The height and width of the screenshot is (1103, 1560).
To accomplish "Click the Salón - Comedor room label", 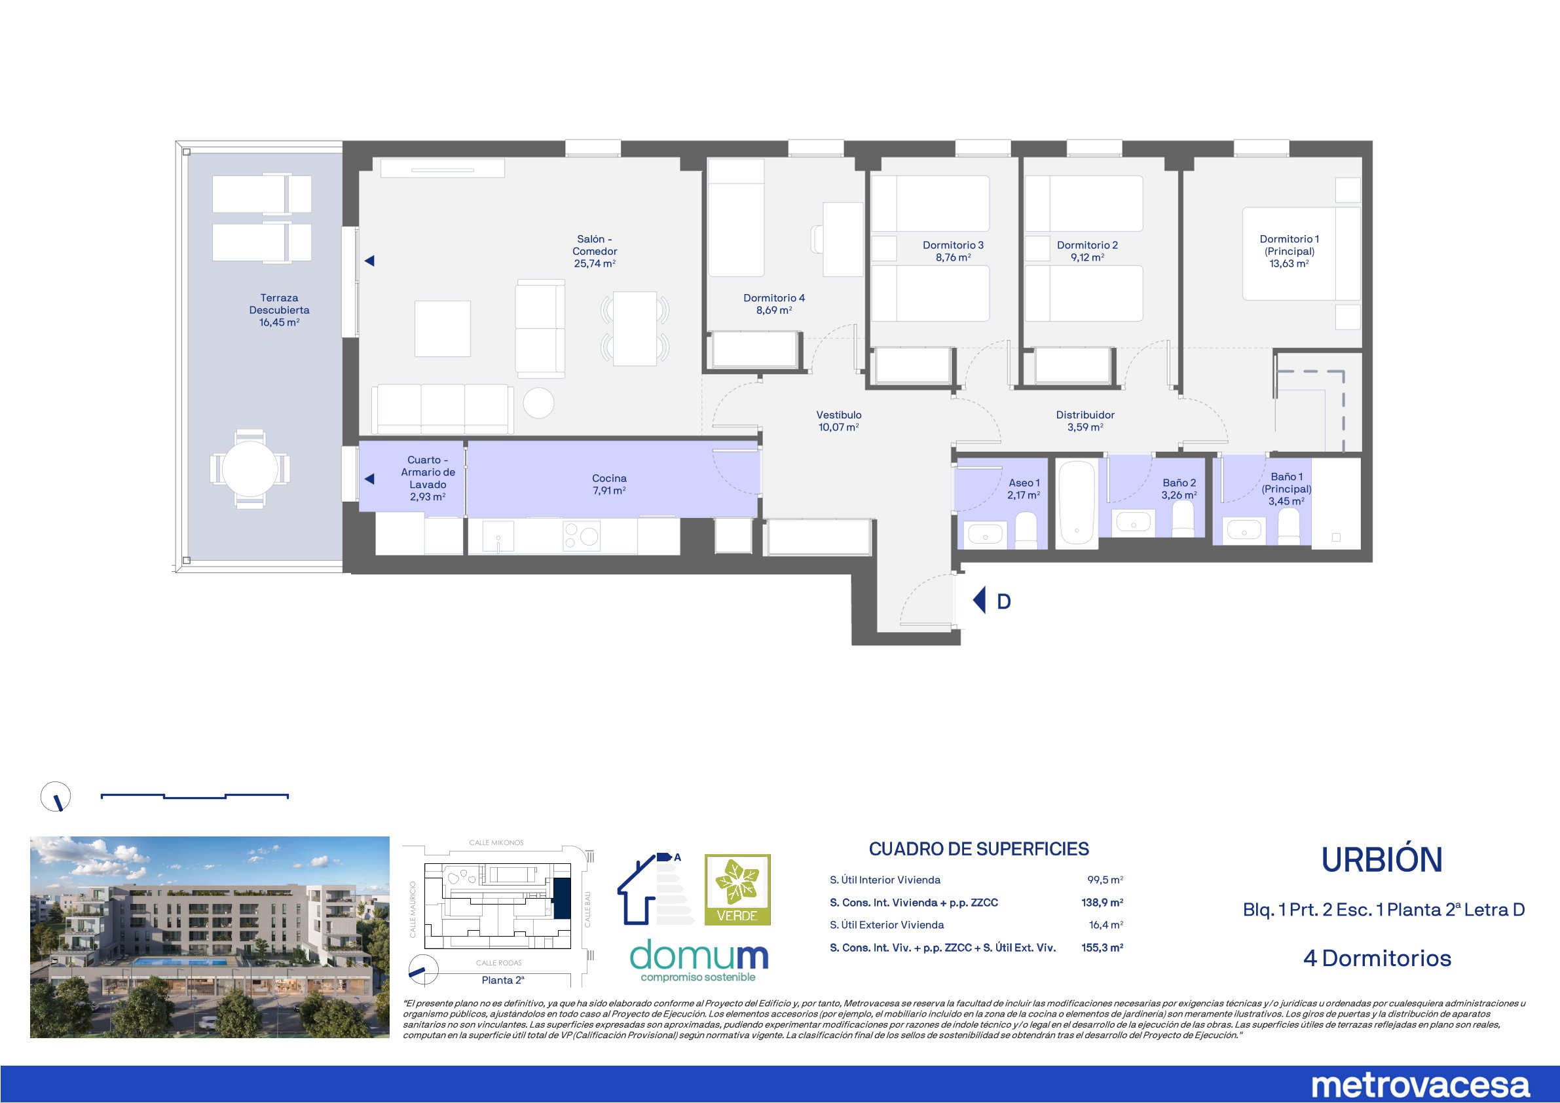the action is tap(595, 252).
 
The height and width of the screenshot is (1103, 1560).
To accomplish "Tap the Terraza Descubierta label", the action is tap(279, 310).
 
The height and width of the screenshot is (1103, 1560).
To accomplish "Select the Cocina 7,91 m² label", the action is tap(609, 485).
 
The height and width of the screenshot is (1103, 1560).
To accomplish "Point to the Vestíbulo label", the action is tap(839, 415).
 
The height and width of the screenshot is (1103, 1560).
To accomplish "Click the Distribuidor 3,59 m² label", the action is tap(1085, 421).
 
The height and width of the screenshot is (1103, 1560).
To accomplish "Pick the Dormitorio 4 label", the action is tap(774, 297).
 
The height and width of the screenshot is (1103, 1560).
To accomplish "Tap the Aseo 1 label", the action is tap(1024, 483).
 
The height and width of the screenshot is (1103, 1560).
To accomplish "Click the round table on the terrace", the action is tap(250, 468).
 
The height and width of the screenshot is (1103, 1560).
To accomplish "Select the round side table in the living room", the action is tap(540, 402).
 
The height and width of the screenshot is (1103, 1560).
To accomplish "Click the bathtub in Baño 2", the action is tap(1077, 504).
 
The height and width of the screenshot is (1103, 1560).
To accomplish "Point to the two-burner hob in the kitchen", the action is tap(582, 536).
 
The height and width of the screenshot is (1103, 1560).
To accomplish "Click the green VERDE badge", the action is tap(737, 889).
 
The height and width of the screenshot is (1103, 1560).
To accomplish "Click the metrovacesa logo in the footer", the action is tap(1420, 1085).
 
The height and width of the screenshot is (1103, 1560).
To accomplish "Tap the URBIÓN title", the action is tap(1382, 861).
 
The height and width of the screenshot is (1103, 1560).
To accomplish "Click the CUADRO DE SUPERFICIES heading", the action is tap(979, 849).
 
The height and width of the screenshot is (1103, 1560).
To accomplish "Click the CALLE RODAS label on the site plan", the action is tap(498, 963).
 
